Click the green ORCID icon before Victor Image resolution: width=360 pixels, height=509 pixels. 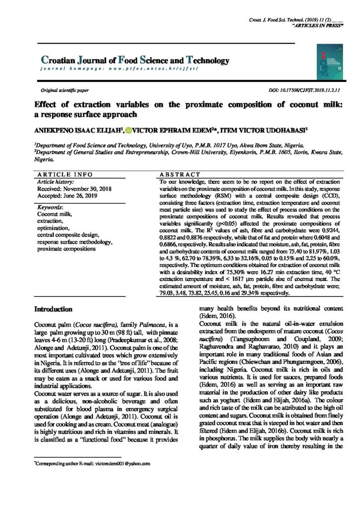pos(128,130)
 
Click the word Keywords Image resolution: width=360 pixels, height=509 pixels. pos(50,207)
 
